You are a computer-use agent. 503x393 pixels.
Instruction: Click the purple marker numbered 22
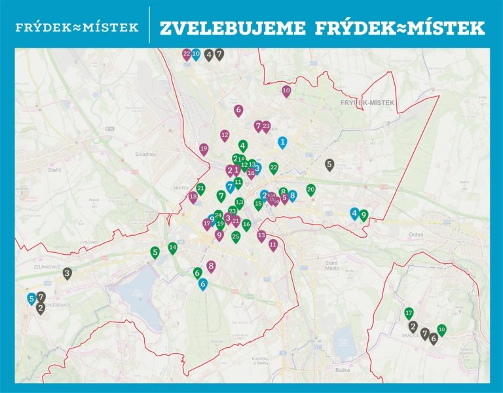[187, 54]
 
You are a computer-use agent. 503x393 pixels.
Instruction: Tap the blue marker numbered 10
[196, 54]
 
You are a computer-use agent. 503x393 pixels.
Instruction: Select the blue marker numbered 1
[282, 141]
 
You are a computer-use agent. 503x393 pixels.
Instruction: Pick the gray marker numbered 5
[329, 164]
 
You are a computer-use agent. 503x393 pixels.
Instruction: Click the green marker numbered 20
[311, 190]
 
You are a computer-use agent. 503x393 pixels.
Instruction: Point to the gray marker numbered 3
[67, 273]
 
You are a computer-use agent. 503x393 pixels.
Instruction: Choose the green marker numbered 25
[236, 236]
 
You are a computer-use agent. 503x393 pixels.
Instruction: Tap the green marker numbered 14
[173, 248]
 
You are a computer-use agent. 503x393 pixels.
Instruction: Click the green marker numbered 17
[409, 313]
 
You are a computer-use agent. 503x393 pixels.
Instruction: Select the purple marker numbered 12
[225, 136]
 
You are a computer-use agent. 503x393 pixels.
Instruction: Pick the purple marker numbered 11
[273, 245]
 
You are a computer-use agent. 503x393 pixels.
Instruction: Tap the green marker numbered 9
[363, 215]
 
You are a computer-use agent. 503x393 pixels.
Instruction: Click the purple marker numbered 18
[193, 197]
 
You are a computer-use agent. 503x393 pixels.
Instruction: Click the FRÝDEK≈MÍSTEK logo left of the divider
[77, 28]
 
